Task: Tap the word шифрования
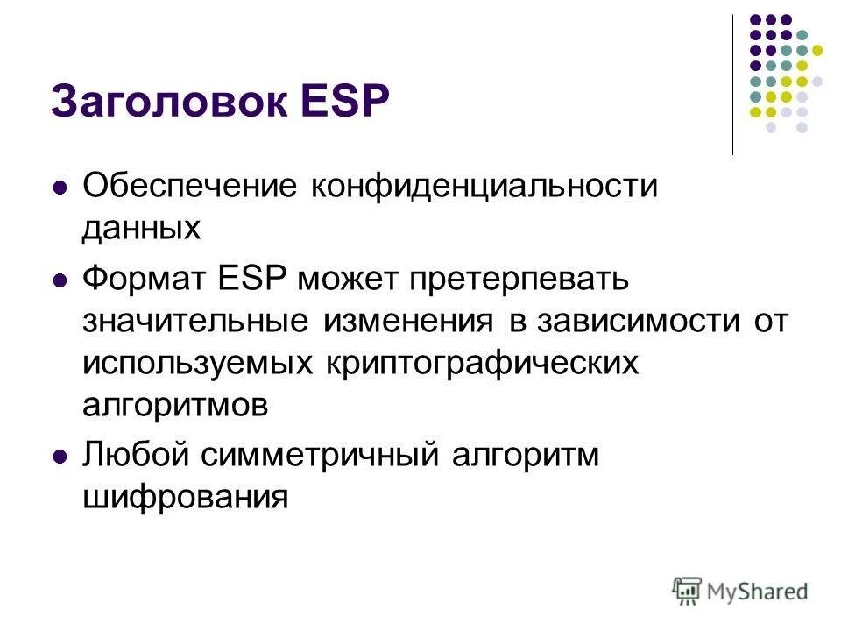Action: point(186,497)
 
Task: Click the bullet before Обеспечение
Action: point(60,188)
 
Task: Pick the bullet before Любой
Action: point(60,457)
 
